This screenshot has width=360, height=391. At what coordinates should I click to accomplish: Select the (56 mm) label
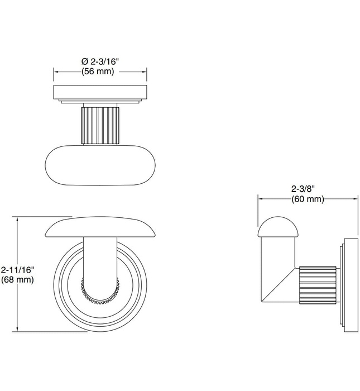click(100, 71)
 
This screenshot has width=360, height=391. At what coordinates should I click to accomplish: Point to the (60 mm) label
click(307, 199)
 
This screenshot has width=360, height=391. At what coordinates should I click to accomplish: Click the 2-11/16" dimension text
click(18, 269)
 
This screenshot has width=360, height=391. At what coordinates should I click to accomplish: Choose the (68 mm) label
click(18, 279)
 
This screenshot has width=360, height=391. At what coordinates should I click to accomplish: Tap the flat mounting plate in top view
click(100, 92)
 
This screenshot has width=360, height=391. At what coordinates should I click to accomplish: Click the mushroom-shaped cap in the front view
click(100, 227)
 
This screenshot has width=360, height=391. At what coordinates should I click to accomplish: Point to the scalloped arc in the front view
click(100, 294)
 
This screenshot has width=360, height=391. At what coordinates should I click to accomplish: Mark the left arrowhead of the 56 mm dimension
click(55, 71)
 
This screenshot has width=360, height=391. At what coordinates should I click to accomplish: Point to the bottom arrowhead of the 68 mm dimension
click(19, 330)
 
